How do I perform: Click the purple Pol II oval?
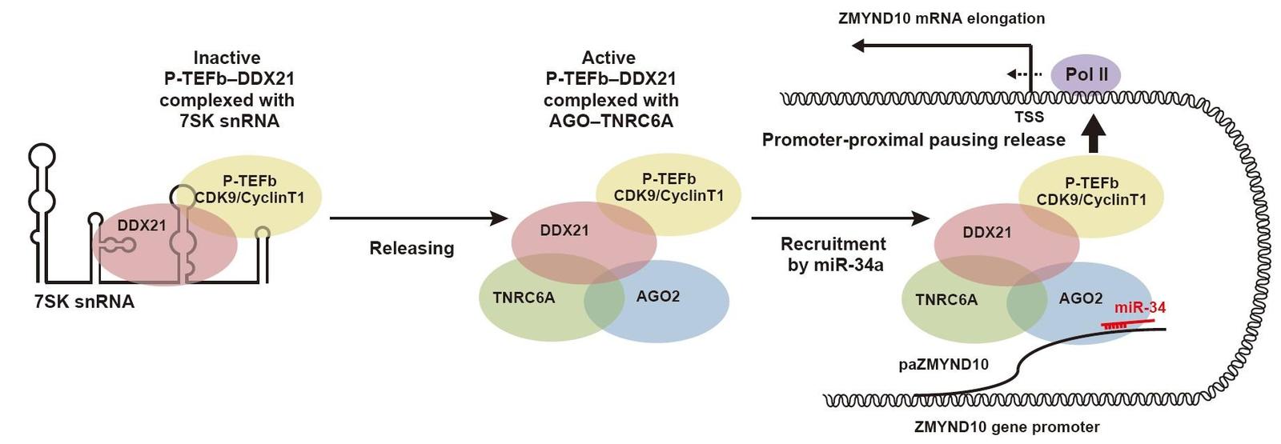pyautogui.click(x=1086, y=75)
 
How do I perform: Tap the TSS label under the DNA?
pyautogui.click(x=1030, y=117)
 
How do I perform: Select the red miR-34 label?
pyautogui.click(x=1140, y=307)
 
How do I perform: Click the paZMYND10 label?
pyautogui.click(x=944, y=364)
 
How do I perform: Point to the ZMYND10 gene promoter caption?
pyautogui.click(x=1006, y=427)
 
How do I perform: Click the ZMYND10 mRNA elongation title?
pyautogui.click(x=942, y=18)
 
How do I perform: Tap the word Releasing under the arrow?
pyautogui.click(x=412, y=248)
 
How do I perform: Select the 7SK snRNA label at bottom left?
pyautogui.click(x=84, y=301)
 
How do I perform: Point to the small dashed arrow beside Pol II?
pyautogui.click(x=1024, y=74)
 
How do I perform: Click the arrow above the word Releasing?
pyautogui.click(x=419, y=218)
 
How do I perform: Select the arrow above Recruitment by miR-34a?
pyautogui.click(x=840, y=218)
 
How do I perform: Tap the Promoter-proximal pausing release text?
pyautogui.click(x=914, y=140)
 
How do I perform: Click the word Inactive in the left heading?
pyautogui.click(x=227, y=58)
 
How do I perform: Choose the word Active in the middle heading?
pyautogui.click(x=608, y=58)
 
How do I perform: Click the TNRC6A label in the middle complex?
pyautogui.click(x=524, y=298)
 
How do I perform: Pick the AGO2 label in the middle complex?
pyautogui.click(x=658, y=296)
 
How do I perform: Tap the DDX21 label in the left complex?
pyautogui.click(x=142, y=225)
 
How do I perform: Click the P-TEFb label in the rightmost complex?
pyautogui.click(x=1091, y=183)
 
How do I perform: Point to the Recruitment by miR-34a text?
pyautogui.click(x=833, y=254)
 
